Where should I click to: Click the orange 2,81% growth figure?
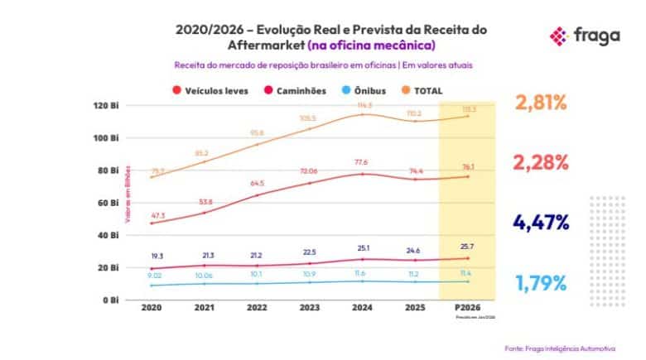point(541,103)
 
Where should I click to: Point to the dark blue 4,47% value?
point(541,222)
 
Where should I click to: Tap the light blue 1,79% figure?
point(541,282)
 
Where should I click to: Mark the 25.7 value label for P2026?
point(468,247)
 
